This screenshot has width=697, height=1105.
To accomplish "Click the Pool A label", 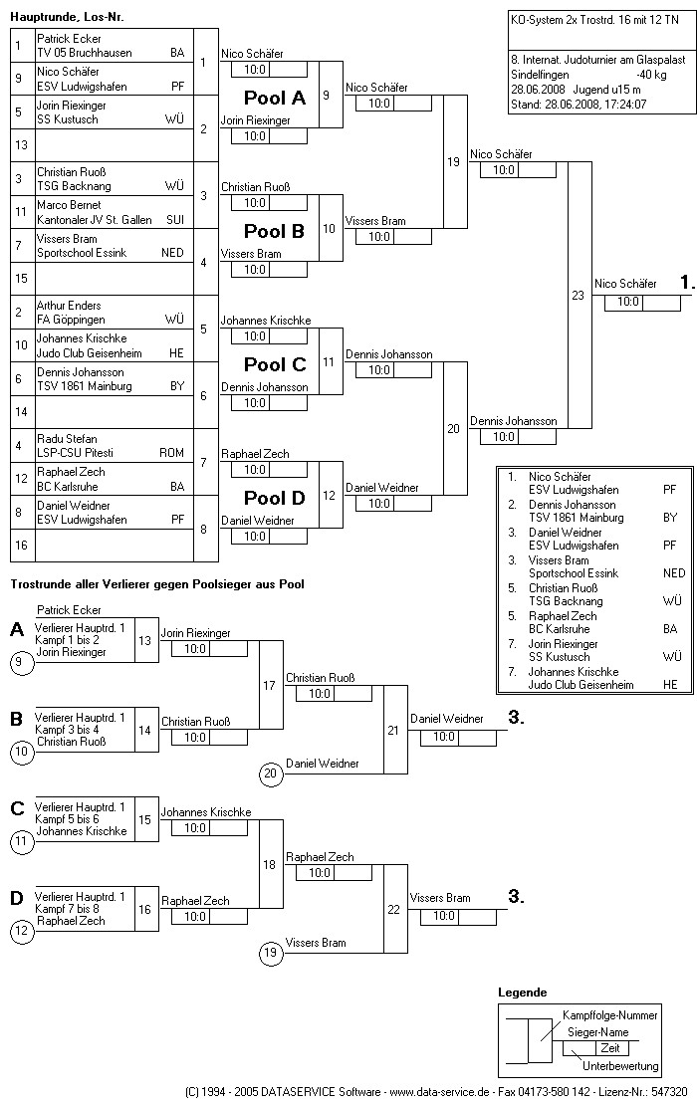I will point(275,98).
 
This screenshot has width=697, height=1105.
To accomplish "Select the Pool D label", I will point(275,498).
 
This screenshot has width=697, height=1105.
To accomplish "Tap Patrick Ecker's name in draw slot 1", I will point(69,39).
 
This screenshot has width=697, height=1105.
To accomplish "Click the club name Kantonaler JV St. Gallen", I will point(91,219).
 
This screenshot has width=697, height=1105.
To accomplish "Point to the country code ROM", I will point(171,453).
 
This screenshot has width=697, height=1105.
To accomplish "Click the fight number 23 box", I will point(578,295).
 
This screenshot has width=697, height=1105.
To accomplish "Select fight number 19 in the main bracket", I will point(453,162).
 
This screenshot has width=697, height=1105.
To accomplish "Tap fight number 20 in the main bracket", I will point(453,429).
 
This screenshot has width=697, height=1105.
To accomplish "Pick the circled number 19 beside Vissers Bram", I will point(270,953).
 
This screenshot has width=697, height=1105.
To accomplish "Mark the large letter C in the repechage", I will point(17,808).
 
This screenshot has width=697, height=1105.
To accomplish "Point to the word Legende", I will point(522,993).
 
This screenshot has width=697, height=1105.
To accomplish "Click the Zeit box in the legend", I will point(609,1048).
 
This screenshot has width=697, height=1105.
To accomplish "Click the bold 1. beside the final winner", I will point(687,284).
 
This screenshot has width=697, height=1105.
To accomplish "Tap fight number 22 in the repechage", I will point(392,909).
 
